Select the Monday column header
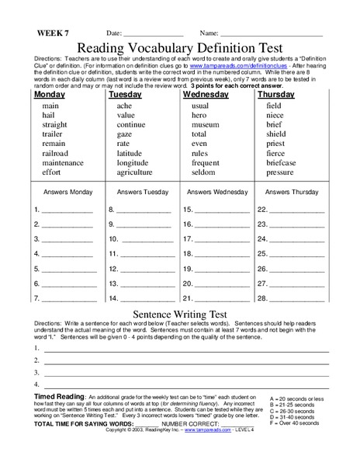pyautogui.click(x=49, y=93)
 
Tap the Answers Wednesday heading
pyautogui.click(x=210, y=190)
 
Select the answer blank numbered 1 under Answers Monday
pyautogui.click(x=62, y=209)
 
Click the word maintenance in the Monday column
pyautogui.click(x=63, y=163)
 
